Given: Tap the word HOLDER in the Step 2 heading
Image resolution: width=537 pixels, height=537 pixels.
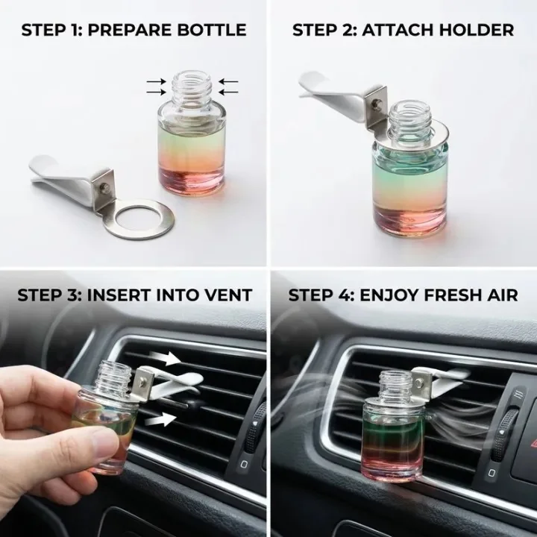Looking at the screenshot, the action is click(x=477, y=30).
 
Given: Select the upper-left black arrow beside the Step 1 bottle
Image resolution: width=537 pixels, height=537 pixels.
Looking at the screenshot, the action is click(x=156, y=82).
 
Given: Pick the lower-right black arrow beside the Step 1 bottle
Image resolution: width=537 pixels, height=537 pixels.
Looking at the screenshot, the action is click(x=228, y=92).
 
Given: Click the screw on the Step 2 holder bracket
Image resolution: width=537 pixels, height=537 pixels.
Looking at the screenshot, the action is click(x=377, y=103).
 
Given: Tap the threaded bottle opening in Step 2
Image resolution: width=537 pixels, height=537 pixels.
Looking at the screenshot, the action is click(x=411, y=116).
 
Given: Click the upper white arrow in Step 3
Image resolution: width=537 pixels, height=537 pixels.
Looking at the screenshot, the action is click(x=166, y=358).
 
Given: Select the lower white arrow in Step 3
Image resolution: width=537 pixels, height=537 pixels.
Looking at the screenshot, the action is click(x=161, y=419).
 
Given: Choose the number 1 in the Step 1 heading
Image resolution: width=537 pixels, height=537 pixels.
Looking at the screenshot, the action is click(x=75, y=30).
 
